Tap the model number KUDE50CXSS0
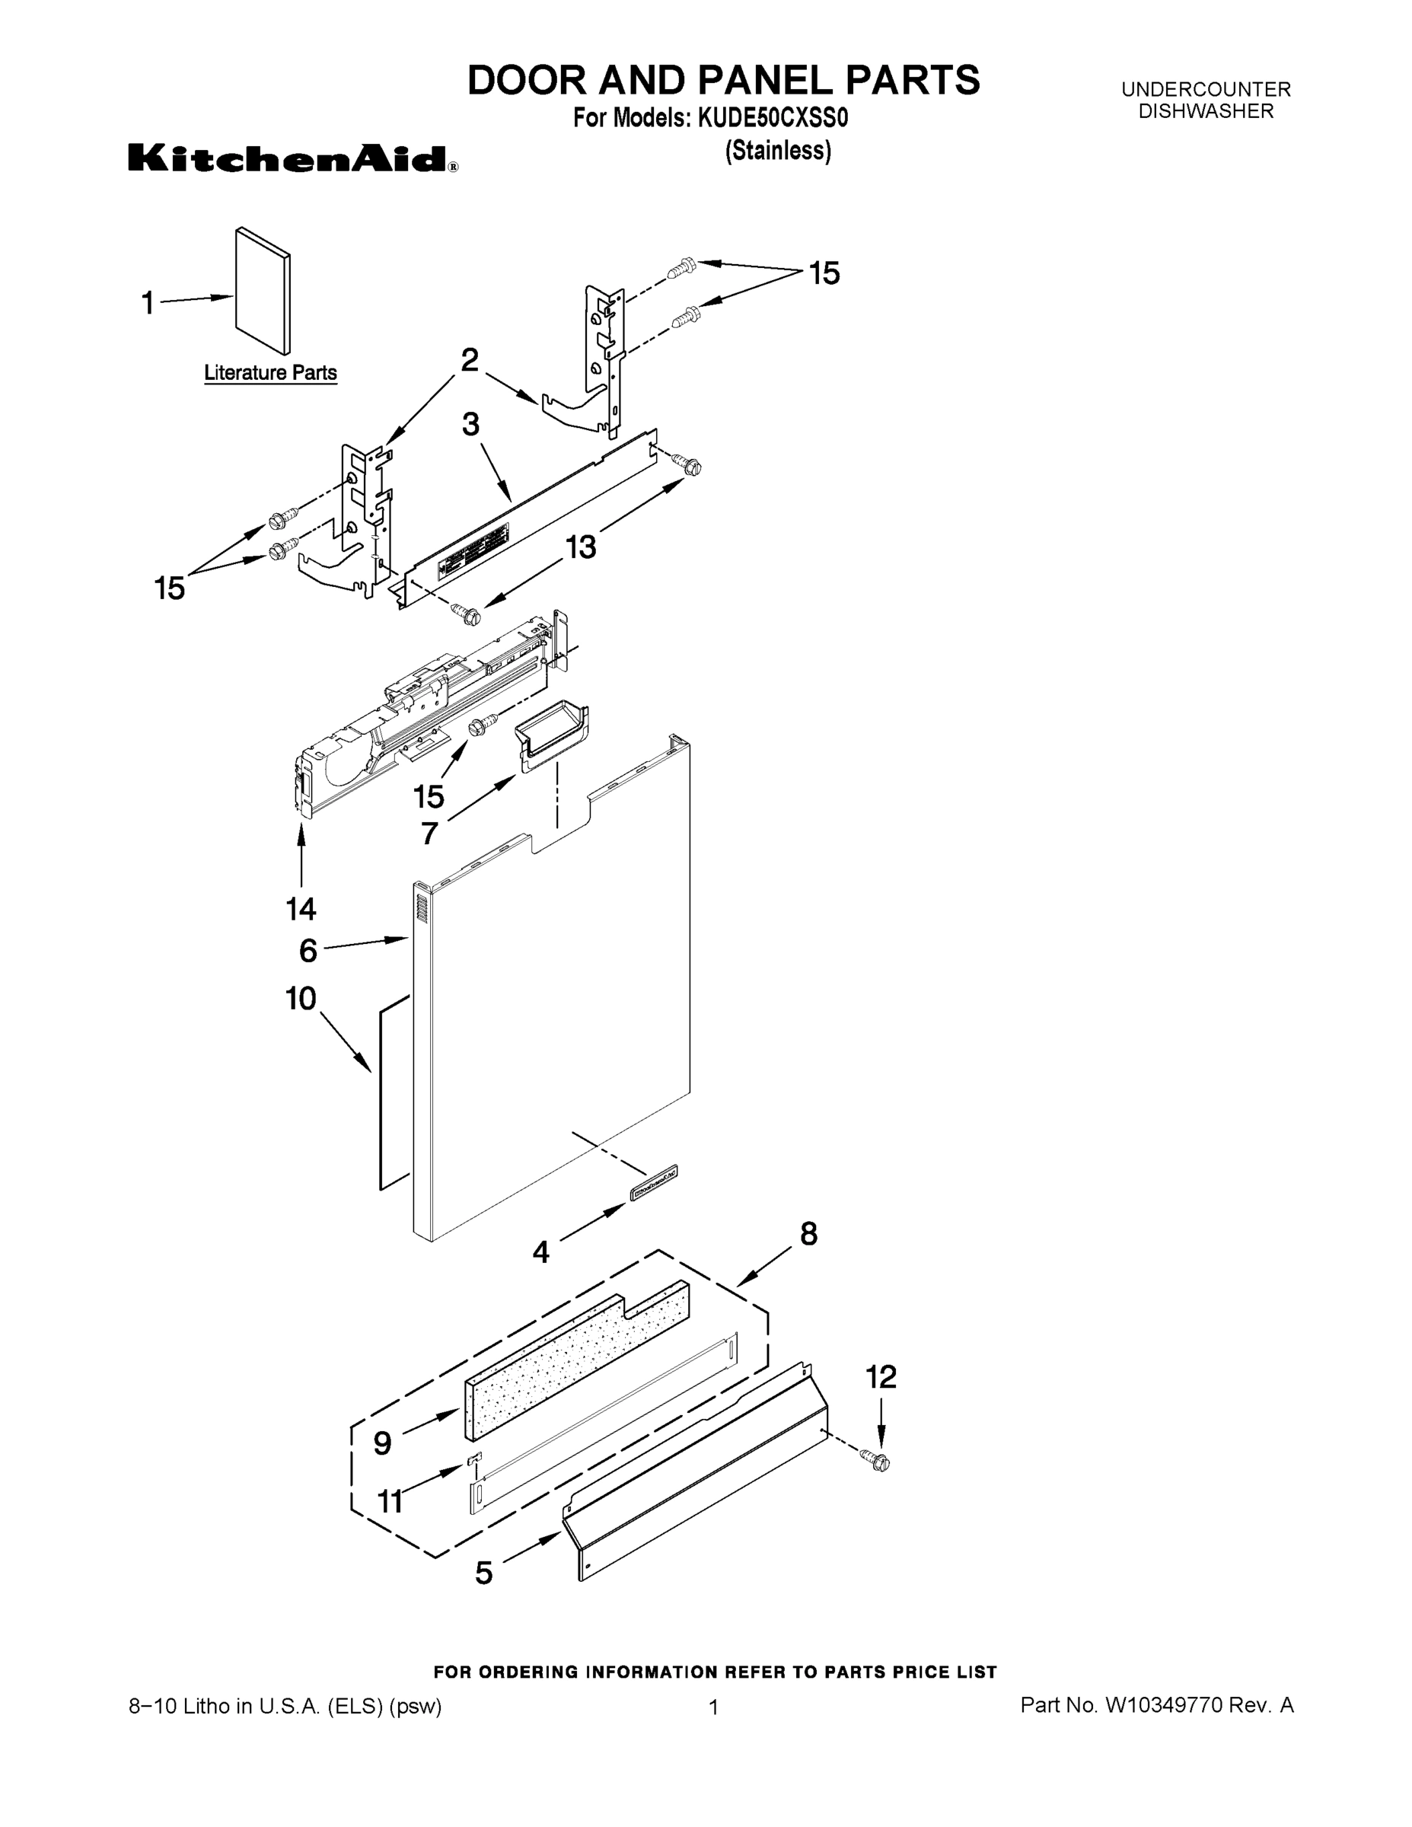(x=768, y=119)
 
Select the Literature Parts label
(x=270, y=373)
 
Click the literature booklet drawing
(x=263, y=290)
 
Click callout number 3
(x=471, y=424)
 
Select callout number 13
(x=581, y=547)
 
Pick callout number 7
(x=429, y=834)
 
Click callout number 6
(x=308, y=951)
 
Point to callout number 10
(x=301, y=999)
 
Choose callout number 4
(x=541, y=1251)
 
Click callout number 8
(x=808, y=1234)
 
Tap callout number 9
(x=382, y=1443)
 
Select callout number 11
(x=390, y=1502)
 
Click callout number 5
(x=483, y=1574)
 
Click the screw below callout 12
(x=878, y=1461)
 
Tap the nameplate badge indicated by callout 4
(x=653, y=1184)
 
